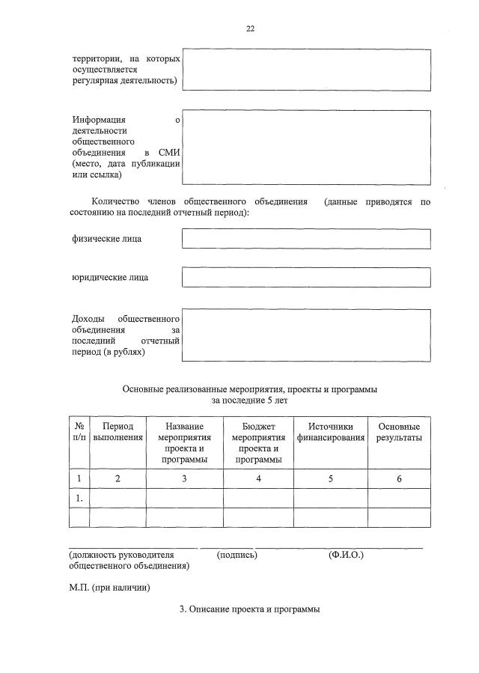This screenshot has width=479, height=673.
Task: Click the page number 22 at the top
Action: coord(251,28)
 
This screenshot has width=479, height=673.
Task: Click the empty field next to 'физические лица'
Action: coord(306,239)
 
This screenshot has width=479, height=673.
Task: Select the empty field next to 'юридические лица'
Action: coord(306,277)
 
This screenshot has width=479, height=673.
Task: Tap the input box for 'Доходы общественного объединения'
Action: coord(306,335)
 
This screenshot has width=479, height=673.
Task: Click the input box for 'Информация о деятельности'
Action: coord(306,147)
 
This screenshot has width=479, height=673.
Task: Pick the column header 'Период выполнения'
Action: coord(118,431)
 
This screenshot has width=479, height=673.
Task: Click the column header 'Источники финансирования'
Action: coord(331,431)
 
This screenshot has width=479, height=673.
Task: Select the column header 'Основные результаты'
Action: coord(398,431)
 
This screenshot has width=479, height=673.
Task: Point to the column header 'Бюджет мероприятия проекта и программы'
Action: coord(258,442)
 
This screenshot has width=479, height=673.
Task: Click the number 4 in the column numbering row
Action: coord(258,479)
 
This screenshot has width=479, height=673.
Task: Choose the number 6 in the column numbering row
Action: coord(399,479)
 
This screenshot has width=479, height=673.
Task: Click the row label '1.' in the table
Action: coord(79,498)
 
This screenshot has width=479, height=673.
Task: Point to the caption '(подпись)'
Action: coord(237,555)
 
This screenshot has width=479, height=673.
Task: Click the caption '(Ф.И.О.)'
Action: coord(346,555)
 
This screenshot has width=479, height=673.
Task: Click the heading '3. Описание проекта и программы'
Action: coord(250,609)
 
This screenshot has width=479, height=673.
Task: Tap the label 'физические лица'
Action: coord(107,239)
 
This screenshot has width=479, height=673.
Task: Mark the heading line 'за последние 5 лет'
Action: coord(250,401)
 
